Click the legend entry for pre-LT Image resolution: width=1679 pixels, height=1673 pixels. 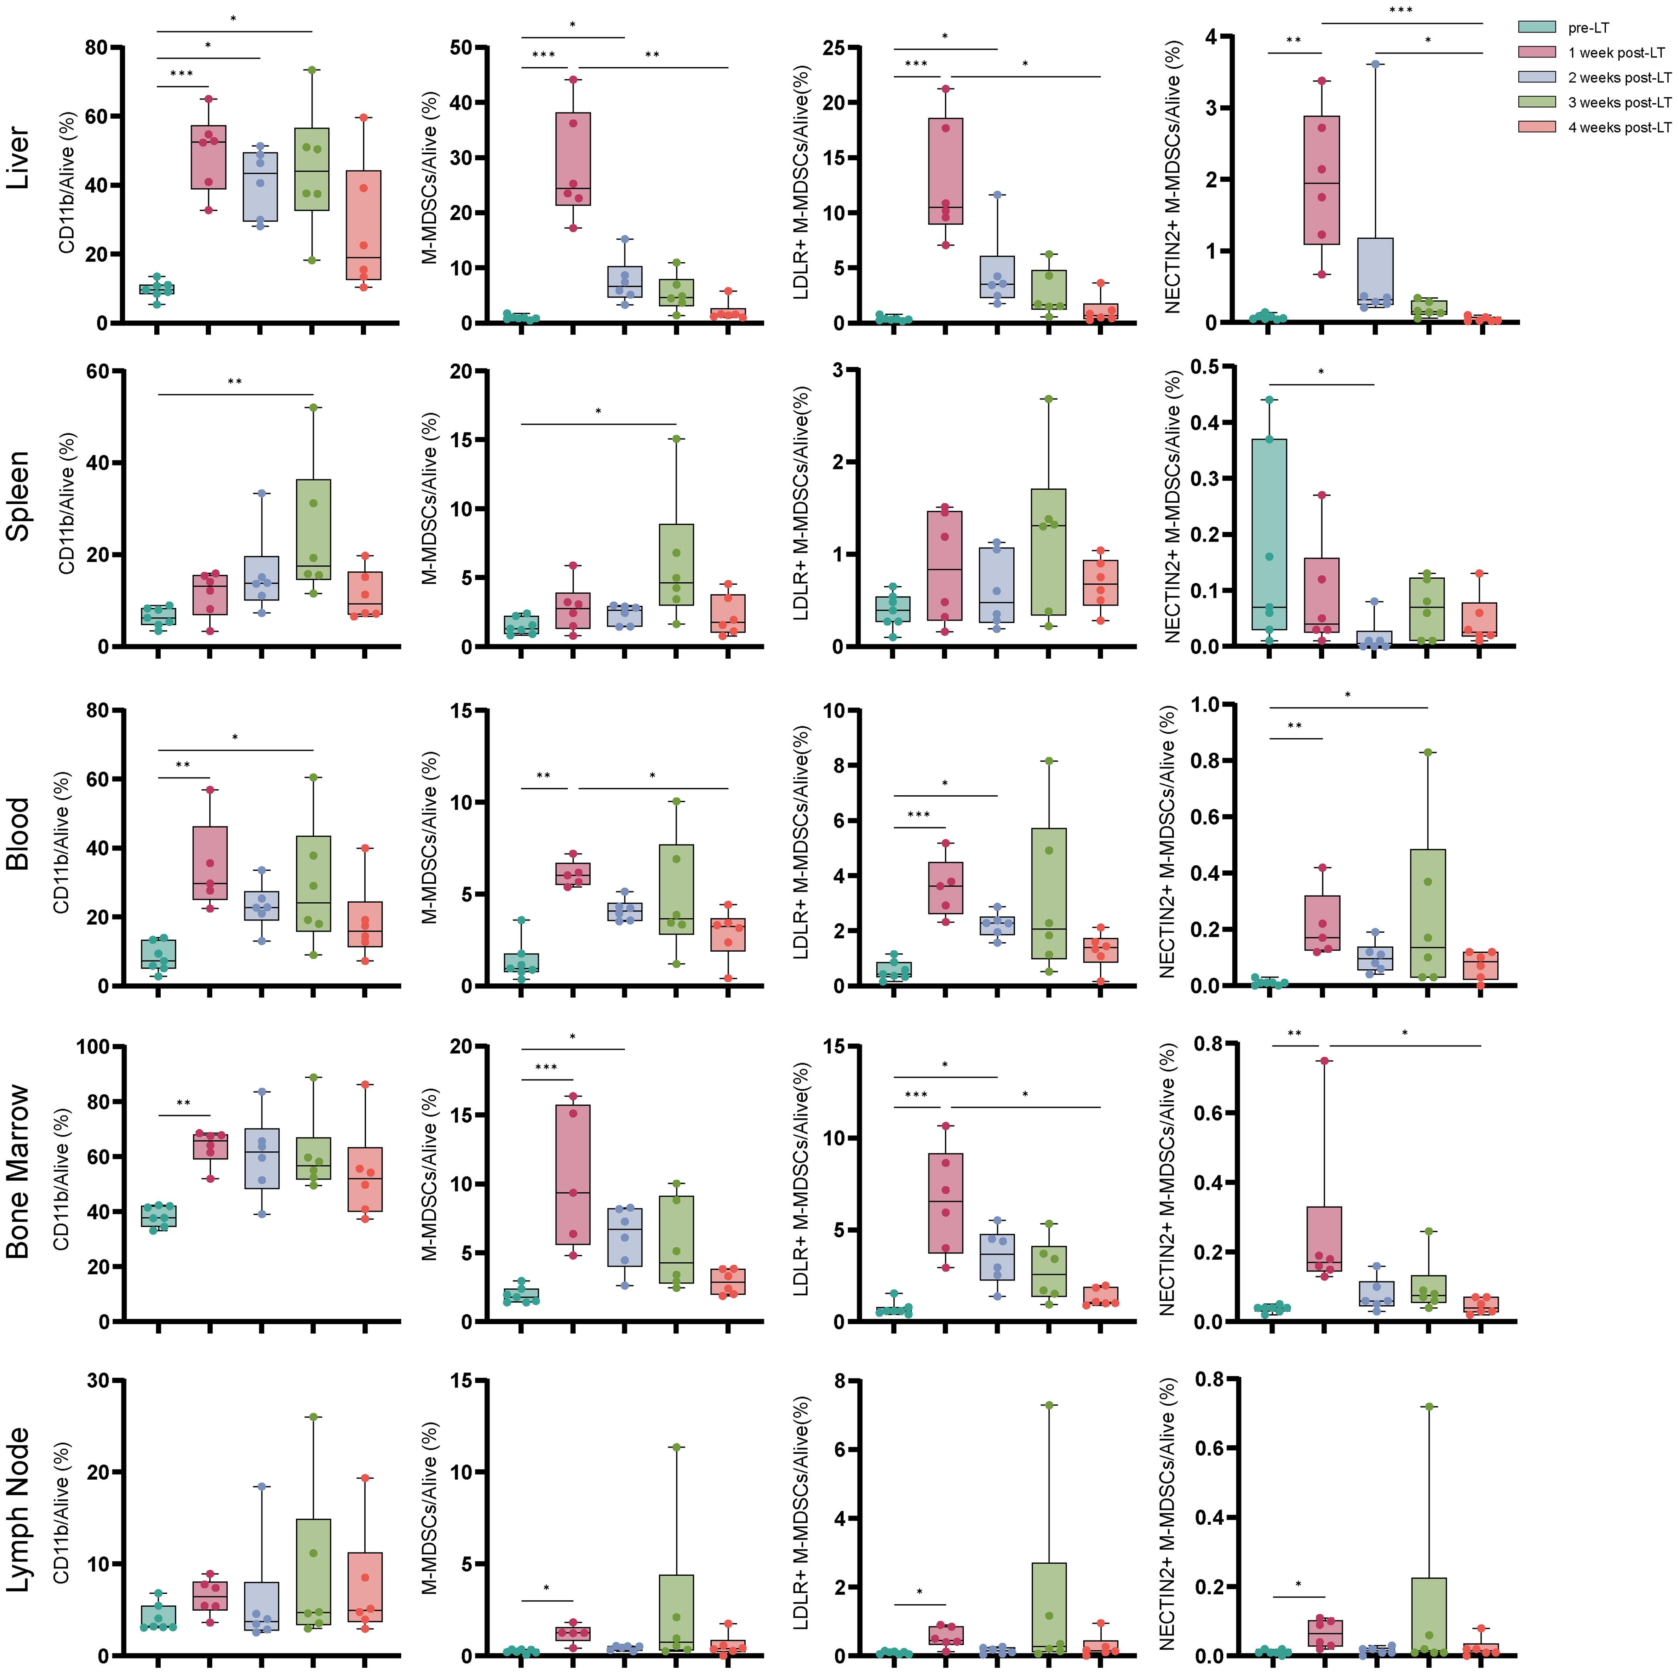1589,28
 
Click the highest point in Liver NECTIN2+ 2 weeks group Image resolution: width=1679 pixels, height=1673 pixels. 1375,63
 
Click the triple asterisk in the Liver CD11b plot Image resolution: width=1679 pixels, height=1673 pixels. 182,74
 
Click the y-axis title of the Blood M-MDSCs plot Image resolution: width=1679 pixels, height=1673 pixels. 429,848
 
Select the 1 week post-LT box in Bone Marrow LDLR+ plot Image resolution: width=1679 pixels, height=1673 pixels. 945,1203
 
